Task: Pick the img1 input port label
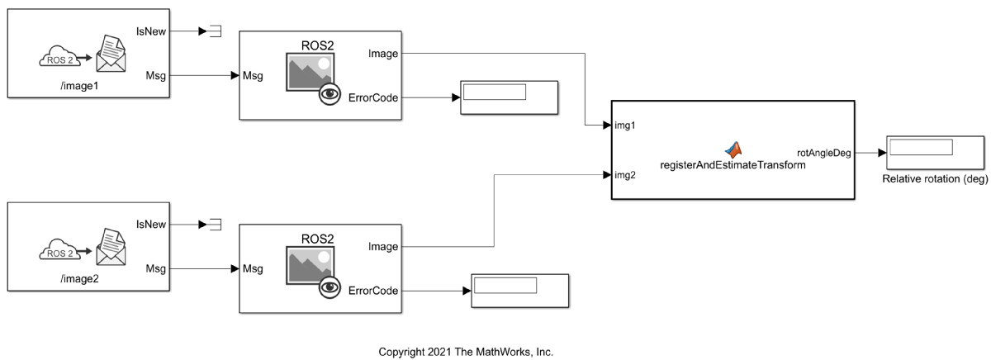coord(625,126)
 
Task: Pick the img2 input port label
coord(625,174)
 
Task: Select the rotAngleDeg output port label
coord(823,153)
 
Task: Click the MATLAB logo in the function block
coord(733,149)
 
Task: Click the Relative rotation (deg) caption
coord(934,179)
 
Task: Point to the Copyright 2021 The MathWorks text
coord(466,352)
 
